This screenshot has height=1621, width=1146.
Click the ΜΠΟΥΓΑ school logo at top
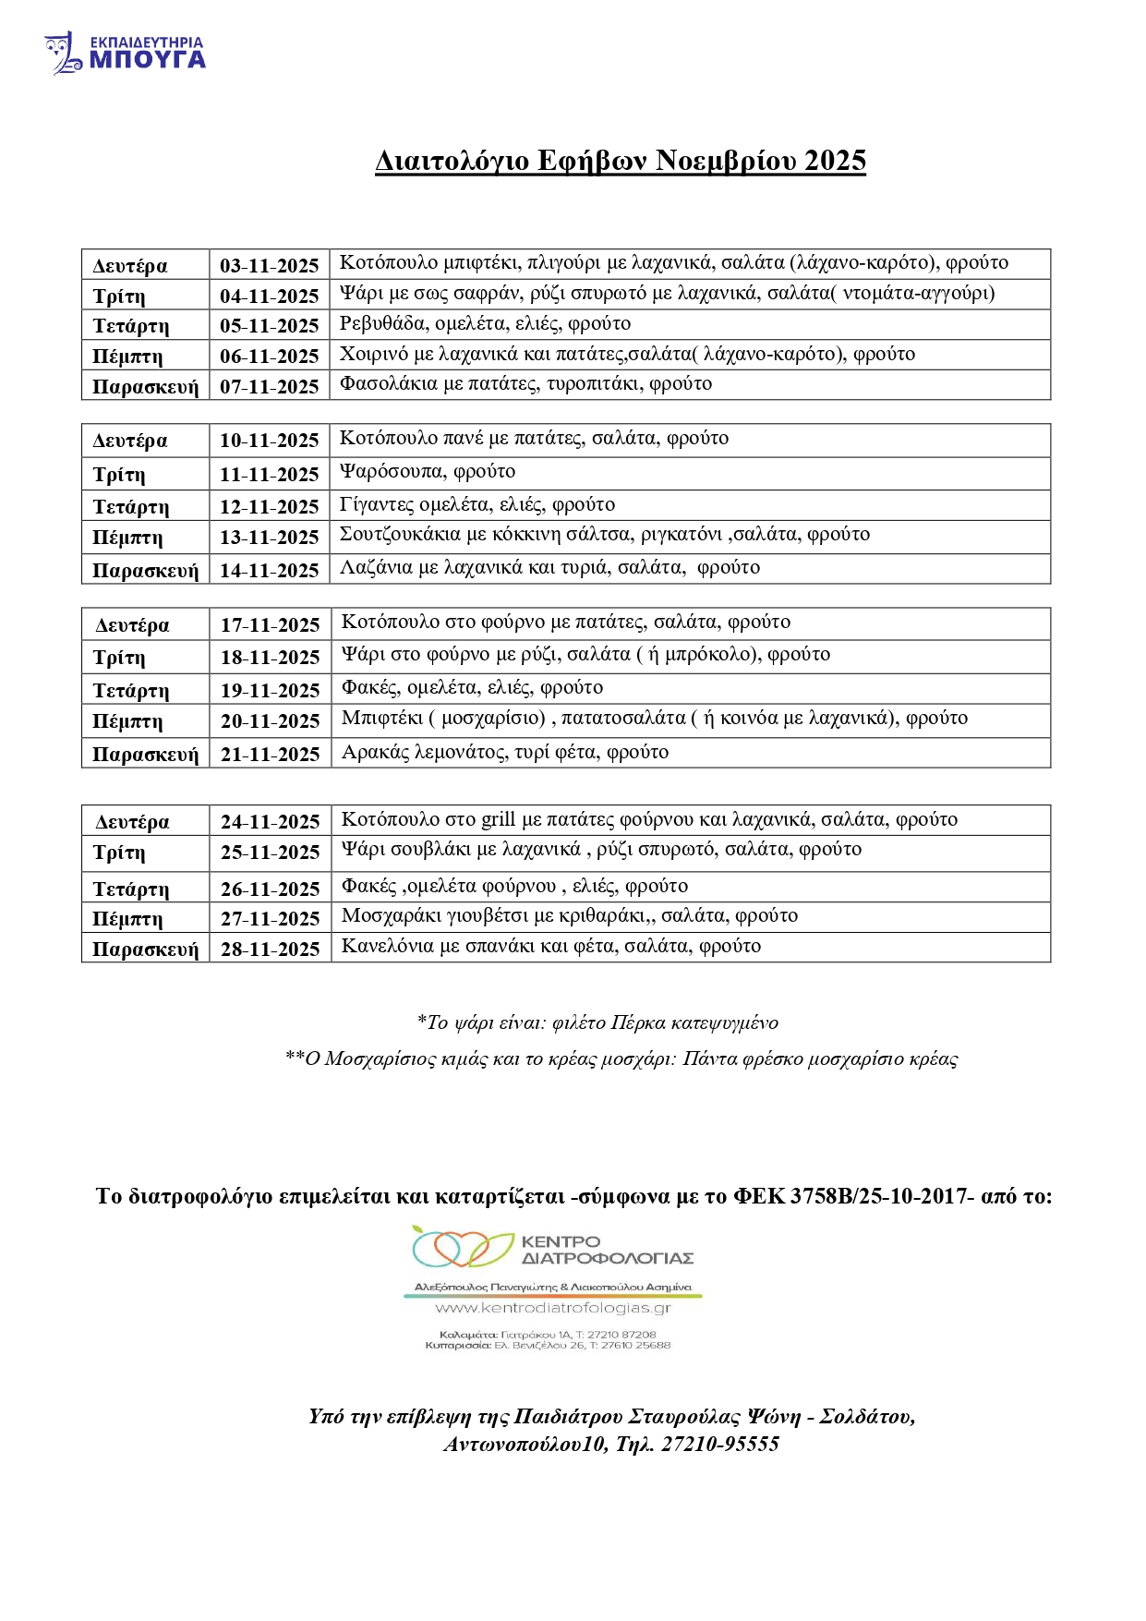click(x=125, y=53)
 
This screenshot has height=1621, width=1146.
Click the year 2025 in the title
click(x=835, y=161)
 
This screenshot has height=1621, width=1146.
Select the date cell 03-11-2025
click(x=269, y=266)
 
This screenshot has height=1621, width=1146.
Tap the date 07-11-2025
click(x=269, y=387)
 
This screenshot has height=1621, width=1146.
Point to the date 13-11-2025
click(x=269, y=538)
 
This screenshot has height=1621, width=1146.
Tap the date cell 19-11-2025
click(x=270, y=691)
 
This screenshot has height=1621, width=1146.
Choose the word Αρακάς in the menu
click(x=375, y=752)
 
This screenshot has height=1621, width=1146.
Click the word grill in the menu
click(x=498, y=819)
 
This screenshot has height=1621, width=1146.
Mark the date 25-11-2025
click(x=270, y=853)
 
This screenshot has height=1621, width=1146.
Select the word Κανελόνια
click(x=387, y=946)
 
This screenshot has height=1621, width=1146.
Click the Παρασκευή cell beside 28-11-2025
click(x=145, y=950)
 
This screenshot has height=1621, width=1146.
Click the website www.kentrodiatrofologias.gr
click(x=552, y=1308)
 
